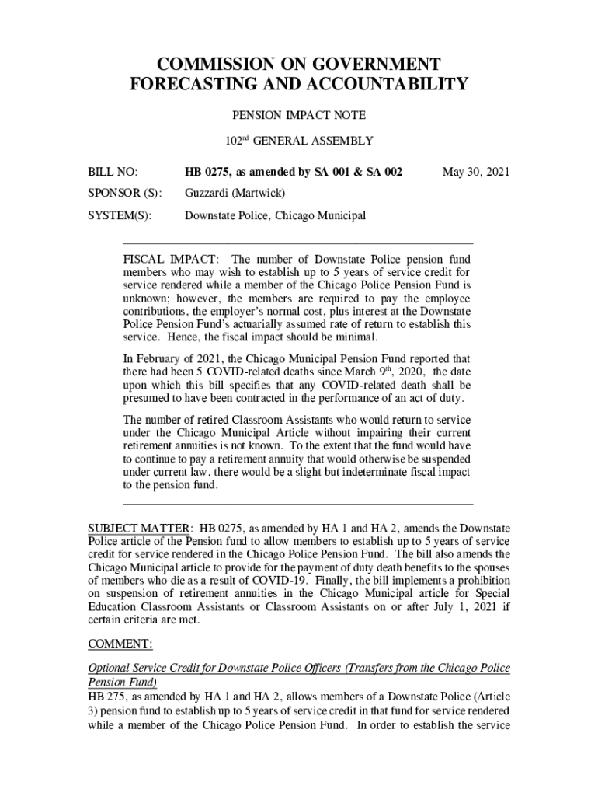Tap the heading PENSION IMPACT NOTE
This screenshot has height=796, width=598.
tap(299, 115)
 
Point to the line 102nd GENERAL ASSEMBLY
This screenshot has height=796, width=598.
tap(299, 141)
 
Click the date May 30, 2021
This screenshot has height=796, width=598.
tap(475, 171)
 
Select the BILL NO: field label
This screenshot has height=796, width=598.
tap(113, 171)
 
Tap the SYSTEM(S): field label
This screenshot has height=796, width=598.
tap(120, 215)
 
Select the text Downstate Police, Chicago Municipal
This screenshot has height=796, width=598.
tap(274, 215)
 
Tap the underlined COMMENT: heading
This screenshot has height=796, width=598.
tap(120, 644)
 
